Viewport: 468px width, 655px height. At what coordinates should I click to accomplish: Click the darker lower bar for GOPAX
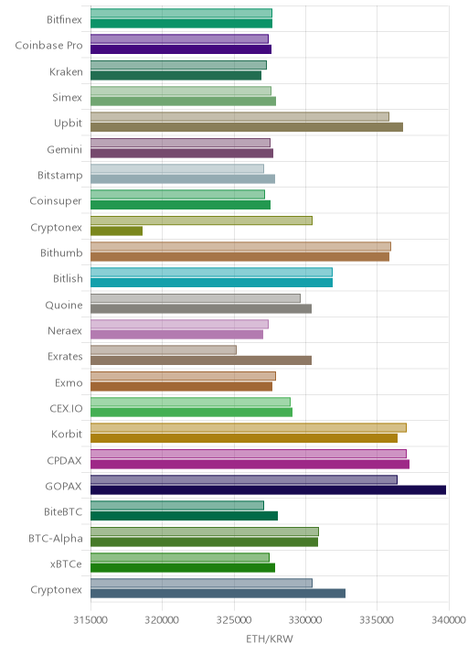[268, 490]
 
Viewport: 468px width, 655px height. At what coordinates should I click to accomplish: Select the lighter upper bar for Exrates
[164, 350]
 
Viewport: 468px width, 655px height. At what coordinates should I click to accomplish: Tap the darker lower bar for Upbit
[247, 127]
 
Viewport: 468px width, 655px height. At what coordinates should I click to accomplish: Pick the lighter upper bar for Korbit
[249, 428]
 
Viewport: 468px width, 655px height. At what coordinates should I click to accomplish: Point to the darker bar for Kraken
[175, 75]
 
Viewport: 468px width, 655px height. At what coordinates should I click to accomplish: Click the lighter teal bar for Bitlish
[211, 273]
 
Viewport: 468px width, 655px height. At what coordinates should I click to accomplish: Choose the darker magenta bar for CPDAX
[250, 464]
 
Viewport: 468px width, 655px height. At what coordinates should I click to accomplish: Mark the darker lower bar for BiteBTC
[184, 516]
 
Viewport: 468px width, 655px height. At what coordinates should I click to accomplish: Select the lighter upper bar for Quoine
[196, 298]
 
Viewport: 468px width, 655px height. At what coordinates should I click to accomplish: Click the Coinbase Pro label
[48, 45]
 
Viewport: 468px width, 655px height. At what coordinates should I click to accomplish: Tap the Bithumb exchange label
[61, 252]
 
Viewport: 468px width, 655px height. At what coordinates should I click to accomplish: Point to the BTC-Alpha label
[56, 538]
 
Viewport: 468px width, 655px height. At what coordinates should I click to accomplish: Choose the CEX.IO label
[66, 408]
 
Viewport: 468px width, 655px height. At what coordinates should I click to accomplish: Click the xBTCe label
[67, 564]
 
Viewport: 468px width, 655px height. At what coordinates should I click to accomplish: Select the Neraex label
[65, 330]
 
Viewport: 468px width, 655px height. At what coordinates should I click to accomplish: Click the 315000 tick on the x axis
[90, 620]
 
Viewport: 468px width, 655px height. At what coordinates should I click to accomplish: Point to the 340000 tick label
[449, 620]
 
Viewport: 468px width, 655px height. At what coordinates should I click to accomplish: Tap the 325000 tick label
[234, 620]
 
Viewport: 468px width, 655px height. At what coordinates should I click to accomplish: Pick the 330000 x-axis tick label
[305, 620]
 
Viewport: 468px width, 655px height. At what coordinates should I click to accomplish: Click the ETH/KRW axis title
[270, 639]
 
